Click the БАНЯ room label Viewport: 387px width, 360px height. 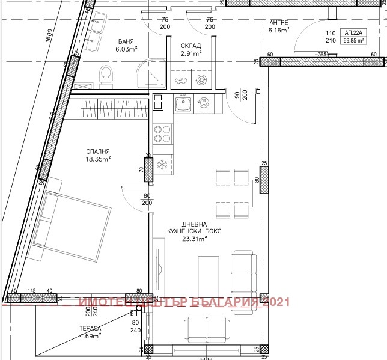[126, 41]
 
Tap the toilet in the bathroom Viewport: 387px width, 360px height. [106, 75]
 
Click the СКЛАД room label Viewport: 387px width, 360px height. [190, 46]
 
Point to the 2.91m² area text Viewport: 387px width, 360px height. [190, 53]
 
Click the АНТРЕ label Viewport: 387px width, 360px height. [279, 22]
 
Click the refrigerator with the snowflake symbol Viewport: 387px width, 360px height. [162, 164]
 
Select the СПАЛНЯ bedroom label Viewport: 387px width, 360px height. [97, 151]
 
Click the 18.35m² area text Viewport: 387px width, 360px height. [97, 159]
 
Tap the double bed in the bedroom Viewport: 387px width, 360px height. [72, 222]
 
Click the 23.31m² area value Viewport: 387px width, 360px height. [194, 238]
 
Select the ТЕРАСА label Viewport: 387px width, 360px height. [89, 328]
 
